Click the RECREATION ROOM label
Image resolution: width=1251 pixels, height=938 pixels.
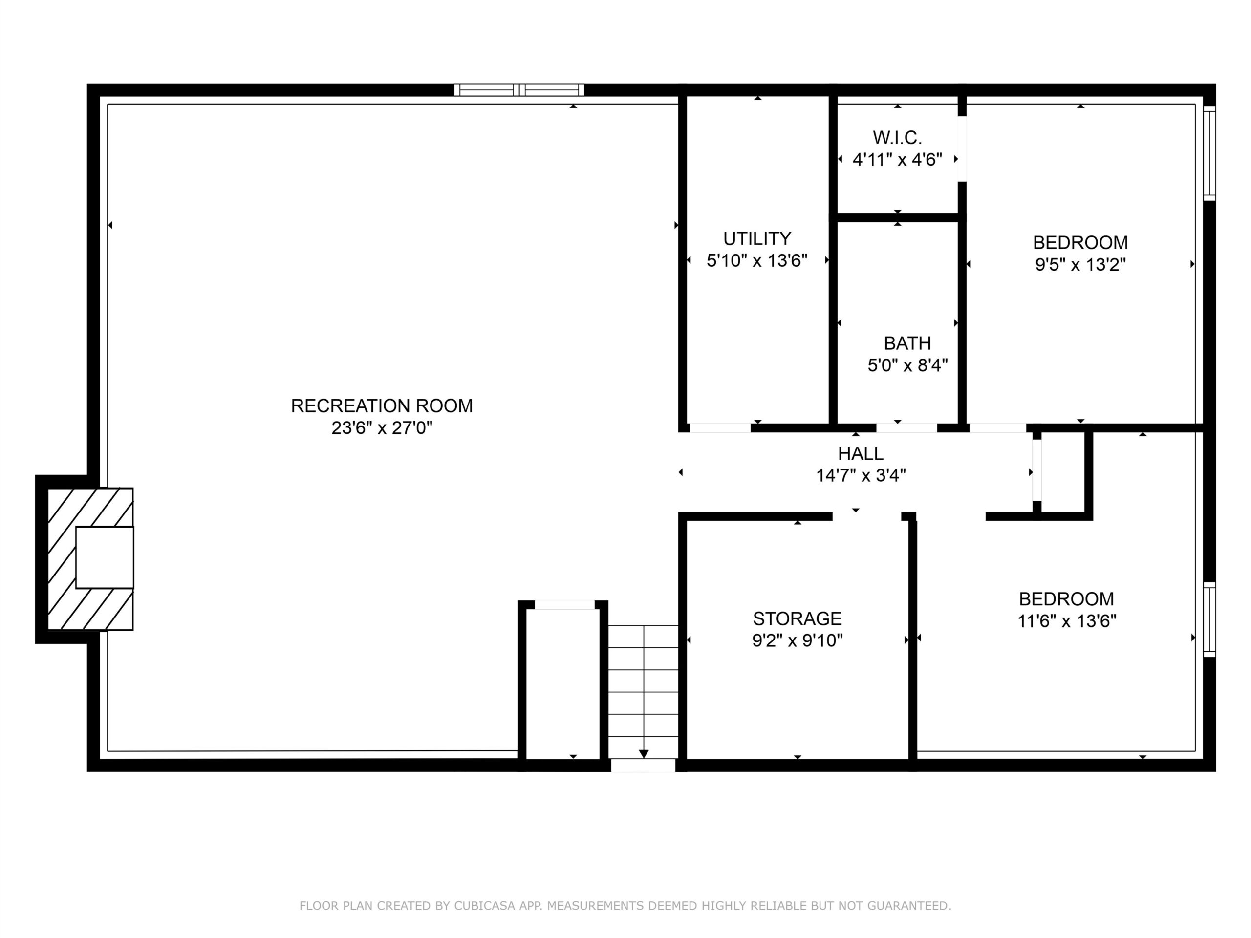coord(382,405)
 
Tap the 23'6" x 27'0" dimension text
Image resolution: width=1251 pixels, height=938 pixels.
coord(382,428)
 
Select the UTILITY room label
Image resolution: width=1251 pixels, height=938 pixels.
coord(757,238)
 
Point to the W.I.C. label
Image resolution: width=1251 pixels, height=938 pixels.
coord(898,137)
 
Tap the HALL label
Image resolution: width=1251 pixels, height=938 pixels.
coord(861,453)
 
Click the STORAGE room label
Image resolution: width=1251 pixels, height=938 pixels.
coord(798,618)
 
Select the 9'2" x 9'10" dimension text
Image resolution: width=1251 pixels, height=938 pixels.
coord(798,640)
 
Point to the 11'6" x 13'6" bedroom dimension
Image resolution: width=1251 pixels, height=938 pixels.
coord(1067,621)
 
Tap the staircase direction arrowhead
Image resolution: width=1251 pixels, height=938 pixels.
coord(644,754)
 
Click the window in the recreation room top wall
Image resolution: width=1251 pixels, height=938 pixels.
coord(519,90)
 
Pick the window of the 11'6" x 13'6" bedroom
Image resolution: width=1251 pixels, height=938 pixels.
coord(1209,619)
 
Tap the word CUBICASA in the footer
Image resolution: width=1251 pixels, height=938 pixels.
coord(485,906)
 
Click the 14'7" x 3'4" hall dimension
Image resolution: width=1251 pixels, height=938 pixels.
coord(861,475)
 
